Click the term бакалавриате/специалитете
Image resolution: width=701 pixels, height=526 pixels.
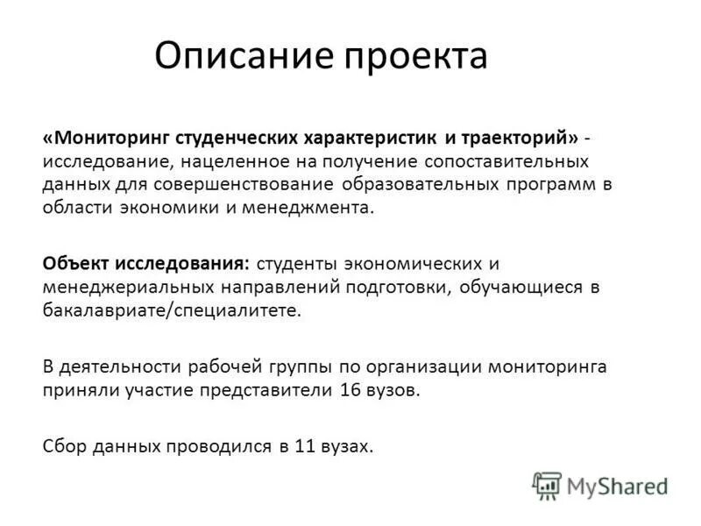[171, 309]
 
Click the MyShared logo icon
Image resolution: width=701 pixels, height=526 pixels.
[547, 485]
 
